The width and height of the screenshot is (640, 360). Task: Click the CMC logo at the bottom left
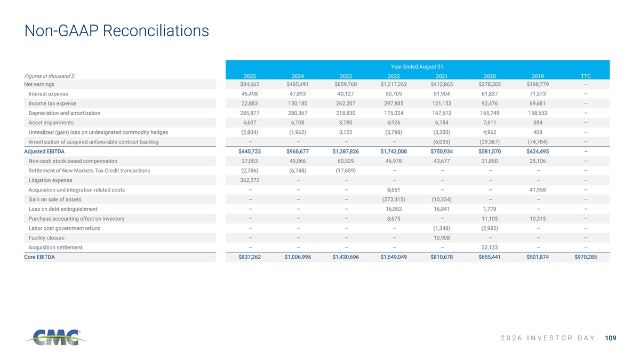[x=55, y=337]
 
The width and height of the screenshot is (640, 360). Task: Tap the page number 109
[x=611, y=338]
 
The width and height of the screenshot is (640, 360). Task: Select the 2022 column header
[x=394, y=76]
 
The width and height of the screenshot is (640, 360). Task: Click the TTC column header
[x=586, y=76]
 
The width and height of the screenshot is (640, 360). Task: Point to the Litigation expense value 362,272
[x=250, y=180]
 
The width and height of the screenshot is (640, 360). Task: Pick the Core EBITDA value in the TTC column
[x=586, y=257]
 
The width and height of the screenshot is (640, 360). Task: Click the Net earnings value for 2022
[x=394, y=84]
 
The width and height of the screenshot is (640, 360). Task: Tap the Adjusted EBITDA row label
[x=44, y=151]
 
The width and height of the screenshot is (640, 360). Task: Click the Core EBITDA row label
[x=39, y=257]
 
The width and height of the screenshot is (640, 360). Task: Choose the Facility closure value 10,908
[x=442, y=238]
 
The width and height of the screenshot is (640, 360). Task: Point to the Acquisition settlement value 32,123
[x=490, y=247]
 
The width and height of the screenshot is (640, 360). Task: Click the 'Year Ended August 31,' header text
[x=418, y=67]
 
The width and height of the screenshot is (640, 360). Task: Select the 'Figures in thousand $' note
[x=49, y=76]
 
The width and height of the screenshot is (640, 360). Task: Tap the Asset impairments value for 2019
[x=538, y=123]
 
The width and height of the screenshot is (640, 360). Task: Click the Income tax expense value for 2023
[x=346, y=103]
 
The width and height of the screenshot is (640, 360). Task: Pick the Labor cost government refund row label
[x=65, y=228]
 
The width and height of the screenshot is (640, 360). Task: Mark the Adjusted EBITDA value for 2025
[x=250, y=151]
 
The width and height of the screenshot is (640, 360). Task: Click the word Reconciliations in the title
[x=156, y=30]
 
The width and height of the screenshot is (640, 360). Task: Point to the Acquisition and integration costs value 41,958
[x=538, y=190]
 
